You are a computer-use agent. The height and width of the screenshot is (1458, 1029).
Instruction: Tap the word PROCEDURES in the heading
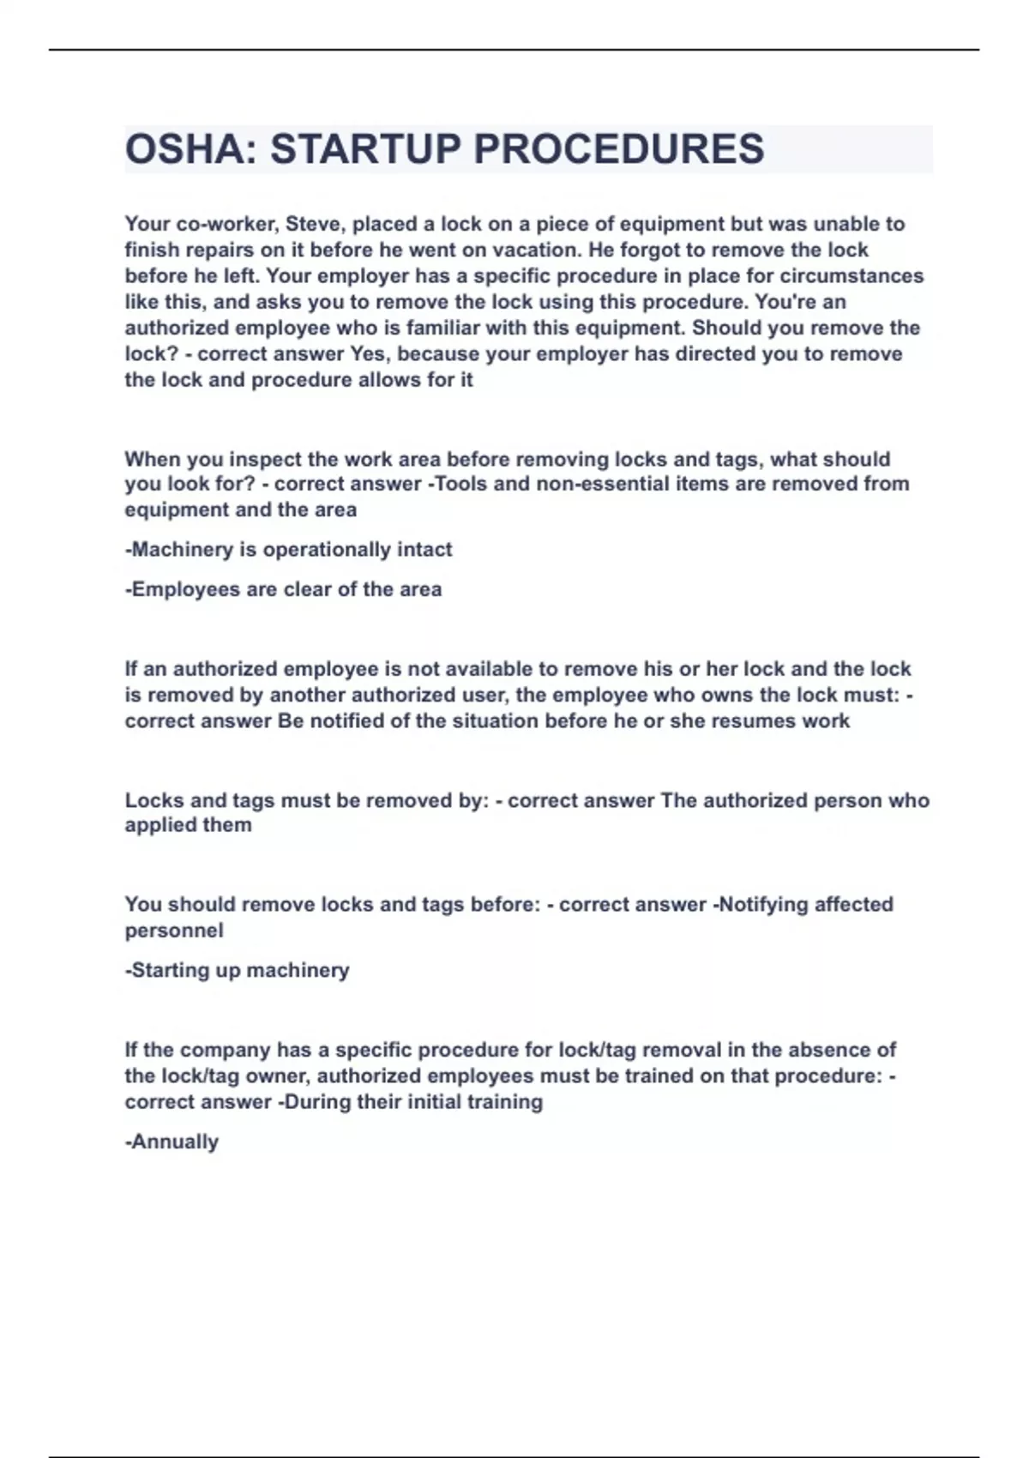(x=618, y=149)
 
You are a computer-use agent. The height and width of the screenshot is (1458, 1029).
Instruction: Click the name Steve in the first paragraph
(x=312, y=224)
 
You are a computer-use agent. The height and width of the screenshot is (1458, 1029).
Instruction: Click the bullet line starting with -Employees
(x=284, y=589)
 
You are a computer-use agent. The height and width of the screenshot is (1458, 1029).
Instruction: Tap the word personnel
(x=174, y=931)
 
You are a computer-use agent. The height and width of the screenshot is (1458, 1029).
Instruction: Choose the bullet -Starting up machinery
(x=238, y=970)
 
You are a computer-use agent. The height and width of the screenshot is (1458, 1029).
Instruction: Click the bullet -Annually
(x=172, y=1142)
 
